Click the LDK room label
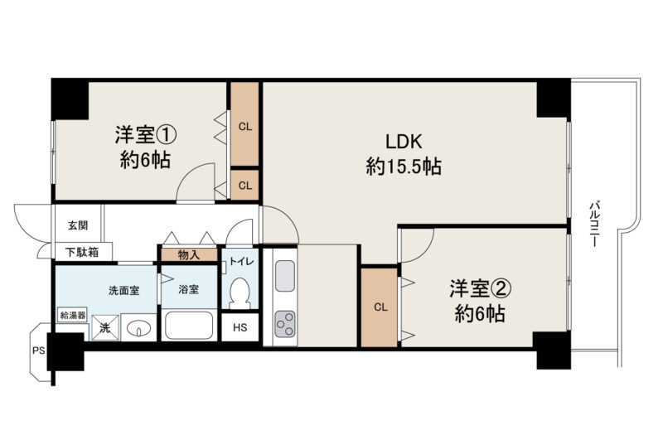(x=404, y=142)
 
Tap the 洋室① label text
(x=146, y=135)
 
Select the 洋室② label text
(x=481, y=288)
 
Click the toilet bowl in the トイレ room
(x=240, y=293)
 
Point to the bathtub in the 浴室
(x=189, y=326)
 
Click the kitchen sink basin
(x=284, y=276)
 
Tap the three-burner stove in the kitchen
(x=284, y=324)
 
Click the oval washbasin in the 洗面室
(x=139, y=327)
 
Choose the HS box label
(x=240, y=327)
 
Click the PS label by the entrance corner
(x=38, y=351)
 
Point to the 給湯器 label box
(x=73, y=315)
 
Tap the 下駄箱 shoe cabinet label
(x=83, y=253)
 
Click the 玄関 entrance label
(x=78, y=225)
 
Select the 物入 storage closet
(x=189, y=255)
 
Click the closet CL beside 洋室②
(x=380, y=307)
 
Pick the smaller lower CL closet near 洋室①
(x=244, y=185)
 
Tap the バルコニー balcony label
(x=594, y=224)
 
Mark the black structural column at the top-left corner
(x=70, y=99)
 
